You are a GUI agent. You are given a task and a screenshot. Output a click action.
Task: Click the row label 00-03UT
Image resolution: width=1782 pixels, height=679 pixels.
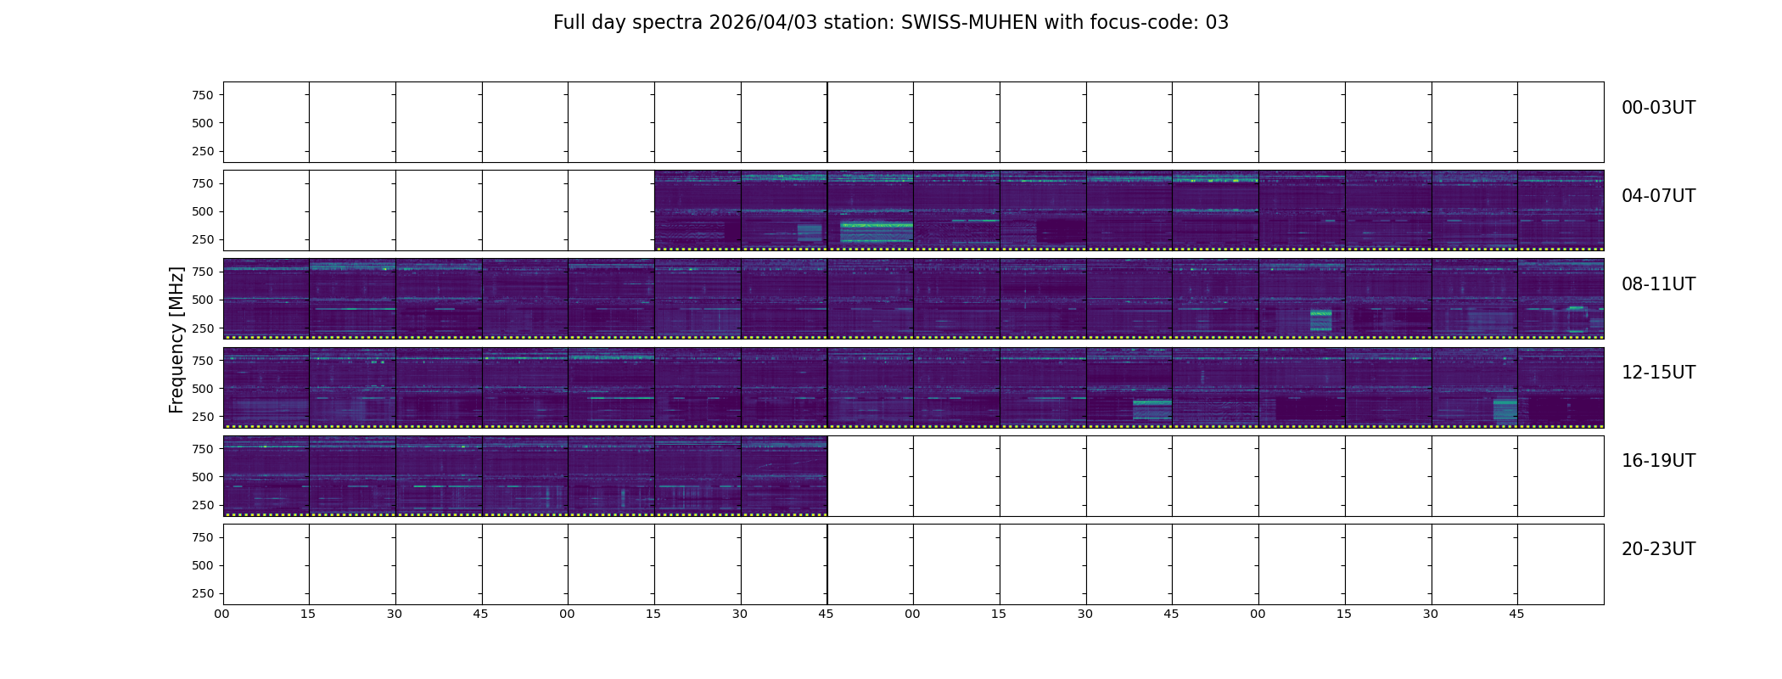click(x=1658, y=108)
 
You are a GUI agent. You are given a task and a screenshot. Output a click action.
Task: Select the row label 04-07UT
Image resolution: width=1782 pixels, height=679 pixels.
click(x=1658, y=196)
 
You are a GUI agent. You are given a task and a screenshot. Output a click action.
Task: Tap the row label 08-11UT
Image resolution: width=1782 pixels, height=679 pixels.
click(x=1658, y=284)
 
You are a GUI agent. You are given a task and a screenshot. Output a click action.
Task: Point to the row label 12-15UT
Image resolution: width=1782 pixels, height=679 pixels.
click(x=1658, y=373)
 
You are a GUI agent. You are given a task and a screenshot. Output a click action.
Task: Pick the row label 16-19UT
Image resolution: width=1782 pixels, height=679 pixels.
click(x=1658, y=461)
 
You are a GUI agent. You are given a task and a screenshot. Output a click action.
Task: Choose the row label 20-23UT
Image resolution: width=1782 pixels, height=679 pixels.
click(x=1658, y=549)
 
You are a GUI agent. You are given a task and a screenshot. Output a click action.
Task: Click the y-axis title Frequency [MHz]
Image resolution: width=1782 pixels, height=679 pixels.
click(x=177, y=339)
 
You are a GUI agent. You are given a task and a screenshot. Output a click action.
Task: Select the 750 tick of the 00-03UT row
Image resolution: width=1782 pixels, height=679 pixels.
click(x=203, y=95)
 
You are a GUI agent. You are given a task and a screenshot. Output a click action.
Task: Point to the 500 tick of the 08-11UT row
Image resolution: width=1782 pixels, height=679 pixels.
click(x=203, y=300)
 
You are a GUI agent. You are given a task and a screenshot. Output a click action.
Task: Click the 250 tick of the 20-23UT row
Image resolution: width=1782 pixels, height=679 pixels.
click(x=203, y=593)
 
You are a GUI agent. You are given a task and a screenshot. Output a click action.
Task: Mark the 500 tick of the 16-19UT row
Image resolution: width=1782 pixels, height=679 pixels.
click(x=203, y=477)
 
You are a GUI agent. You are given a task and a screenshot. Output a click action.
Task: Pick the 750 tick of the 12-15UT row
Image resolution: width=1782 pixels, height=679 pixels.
click(x=203, y=361)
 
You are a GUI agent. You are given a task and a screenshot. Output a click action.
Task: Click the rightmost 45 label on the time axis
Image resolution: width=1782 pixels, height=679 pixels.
click(x=1516, y=614)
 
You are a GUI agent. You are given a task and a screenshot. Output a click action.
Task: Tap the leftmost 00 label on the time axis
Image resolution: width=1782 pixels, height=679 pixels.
click(x=222, y=614)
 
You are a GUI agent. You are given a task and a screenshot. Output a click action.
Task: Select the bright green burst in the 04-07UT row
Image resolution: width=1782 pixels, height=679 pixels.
click(x=876, y=227)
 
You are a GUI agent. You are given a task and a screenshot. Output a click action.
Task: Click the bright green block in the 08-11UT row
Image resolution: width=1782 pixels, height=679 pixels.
click(x=1320, y=320)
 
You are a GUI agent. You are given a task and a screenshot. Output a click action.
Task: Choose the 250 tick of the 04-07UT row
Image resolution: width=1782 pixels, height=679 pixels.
click(x=203, y=239)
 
